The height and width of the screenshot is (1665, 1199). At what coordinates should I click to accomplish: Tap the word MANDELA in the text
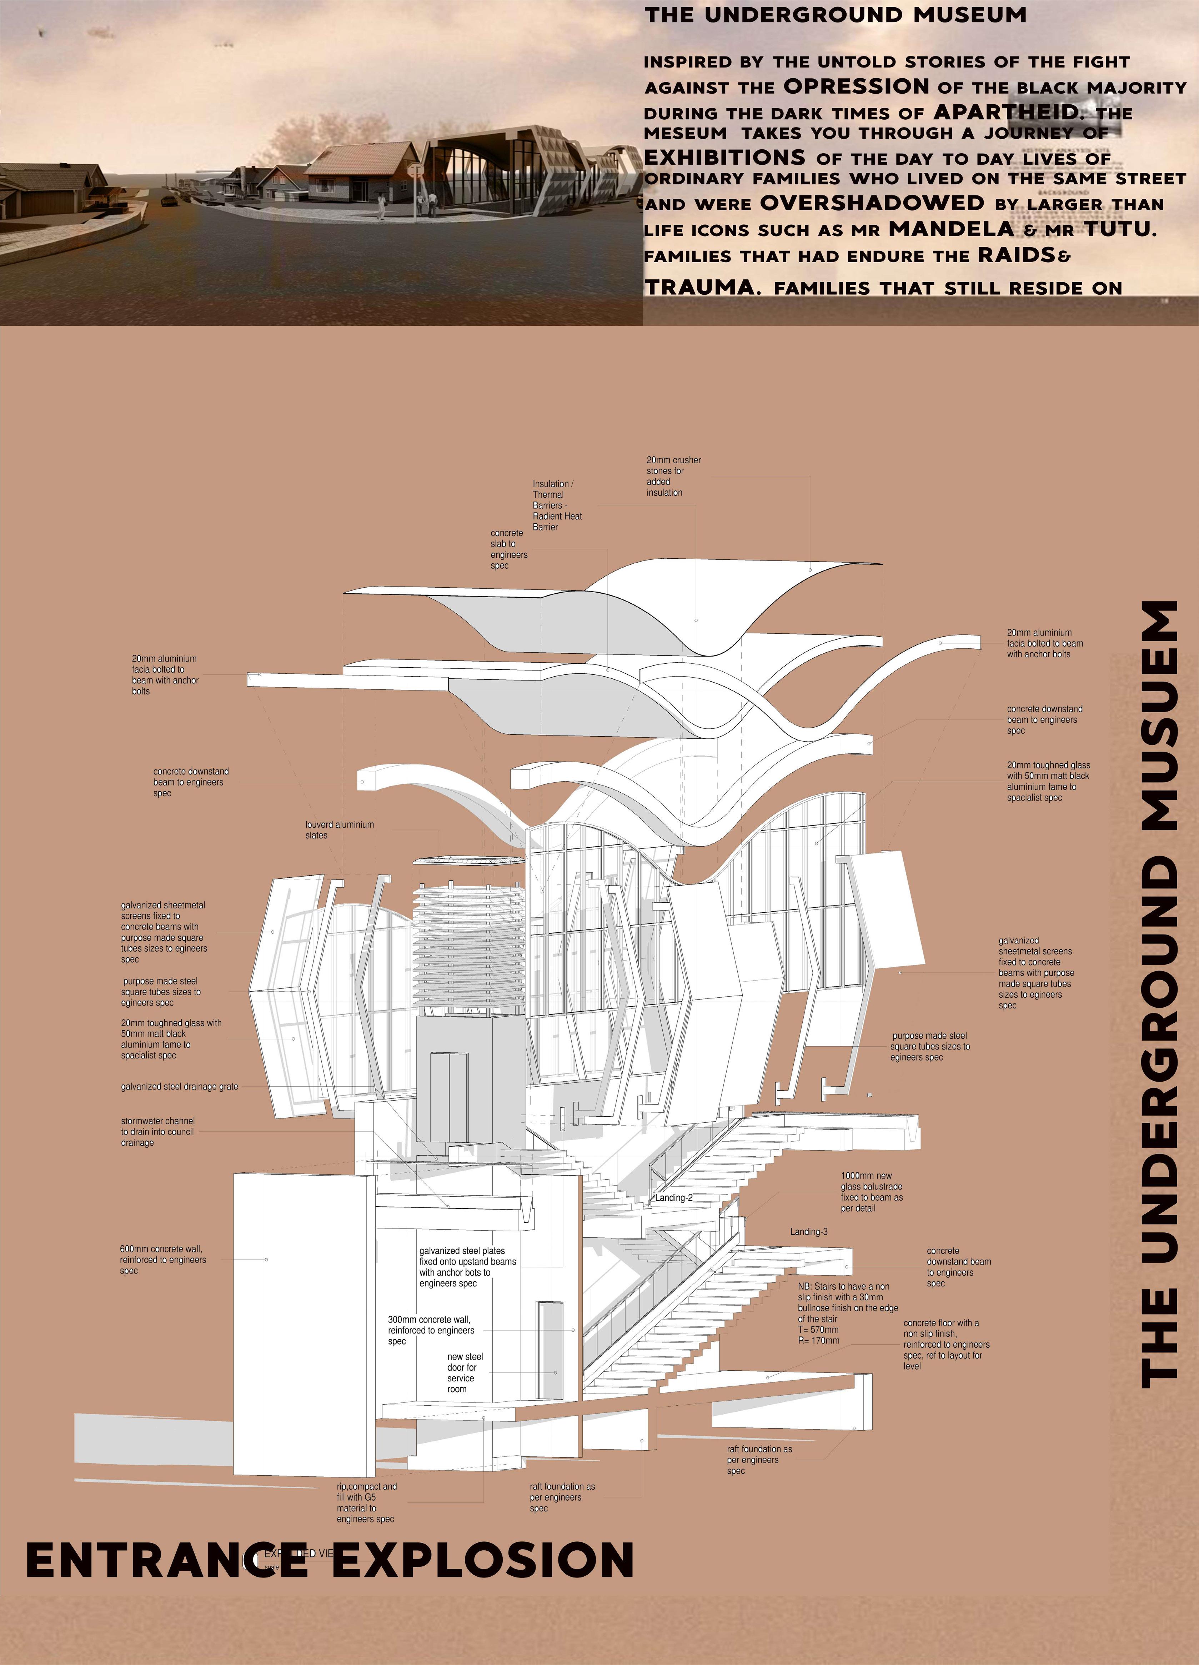point(951,229)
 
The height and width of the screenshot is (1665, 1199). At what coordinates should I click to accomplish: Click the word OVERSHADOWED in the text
point(872,203)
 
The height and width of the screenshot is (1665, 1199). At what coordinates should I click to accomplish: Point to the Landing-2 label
point(674,1198)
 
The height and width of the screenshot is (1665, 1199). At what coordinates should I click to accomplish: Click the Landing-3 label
point(809,1232)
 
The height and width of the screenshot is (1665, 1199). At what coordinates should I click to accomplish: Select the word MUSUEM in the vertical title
point(1159,716)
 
